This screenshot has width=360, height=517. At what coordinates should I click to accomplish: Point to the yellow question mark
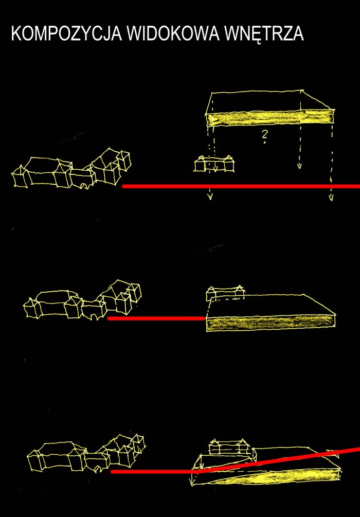pyautogui.click(x=264, y=137)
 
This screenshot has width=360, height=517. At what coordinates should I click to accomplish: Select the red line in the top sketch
pyautogui.click(x=241, y=186)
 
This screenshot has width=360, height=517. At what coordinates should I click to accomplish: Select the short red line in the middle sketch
pyautogui.click(x=156, y=318)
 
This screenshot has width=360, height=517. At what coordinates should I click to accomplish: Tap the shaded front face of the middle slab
pyautogui.click(x=271, y=324)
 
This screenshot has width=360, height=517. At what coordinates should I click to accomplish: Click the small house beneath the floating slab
pyautogui.click(x=214, y=164)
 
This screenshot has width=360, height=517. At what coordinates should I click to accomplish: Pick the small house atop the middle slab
pyautogui.click(x=225, y=293)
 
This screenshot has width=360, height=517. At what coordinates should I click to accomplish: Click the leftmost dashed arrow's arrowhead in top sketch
pyautogui.click(x=210, y=198)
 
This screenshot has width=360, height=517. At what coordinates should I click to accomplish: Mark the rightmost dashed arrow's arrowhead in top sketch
pyautogui.click(x=331, y=198)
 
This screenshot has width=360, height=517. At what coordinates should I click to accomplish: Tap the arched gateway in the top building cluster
pyautogui.click(x=83, y=186)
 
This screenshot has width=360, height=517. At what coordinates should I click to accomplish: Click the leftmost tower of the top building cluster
pyautogui.click(x=20, y=177)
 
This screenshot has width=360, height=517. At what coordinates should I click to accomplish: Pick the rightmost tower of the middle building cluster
pyautogui.click(x=135, y=293)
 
